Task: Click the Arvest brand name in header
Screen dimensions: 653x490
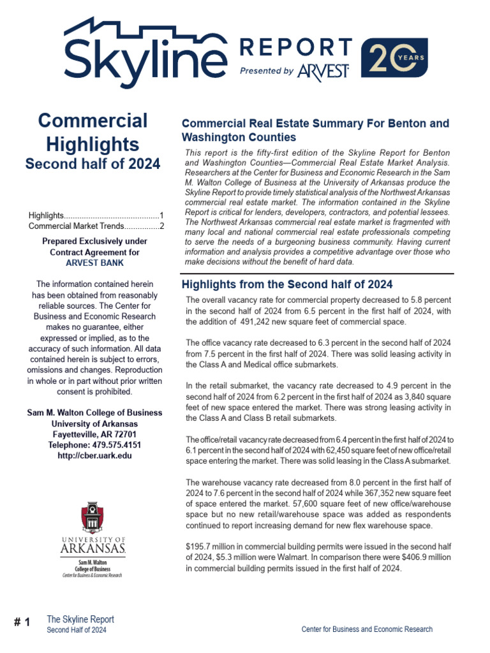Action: point(323,71)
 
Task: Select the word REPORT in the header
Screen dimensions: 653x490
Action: point(295,47)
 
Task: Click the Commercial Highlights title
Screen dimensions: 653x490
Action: point(93,132)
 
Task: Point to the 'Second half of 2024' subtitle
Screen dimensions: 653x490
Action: point(93,164)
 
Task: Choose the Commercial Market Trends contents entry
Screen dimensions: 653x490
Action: point(96,226)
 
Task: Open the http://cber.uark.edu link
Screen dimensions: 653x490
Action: point(94,455)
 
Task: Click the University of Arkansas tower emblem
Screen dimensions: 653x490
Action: point(93,518)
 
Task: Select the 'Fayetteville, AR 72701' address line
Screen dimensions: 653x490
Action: point(94,434)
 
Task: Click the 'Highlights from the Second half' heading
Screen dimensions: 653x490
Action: point(287,284)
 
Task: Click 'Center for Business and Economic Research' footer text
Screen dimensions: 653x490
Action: point(366,629)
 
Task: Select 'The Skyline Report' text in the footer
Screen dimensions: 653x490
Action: point(80,619)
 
